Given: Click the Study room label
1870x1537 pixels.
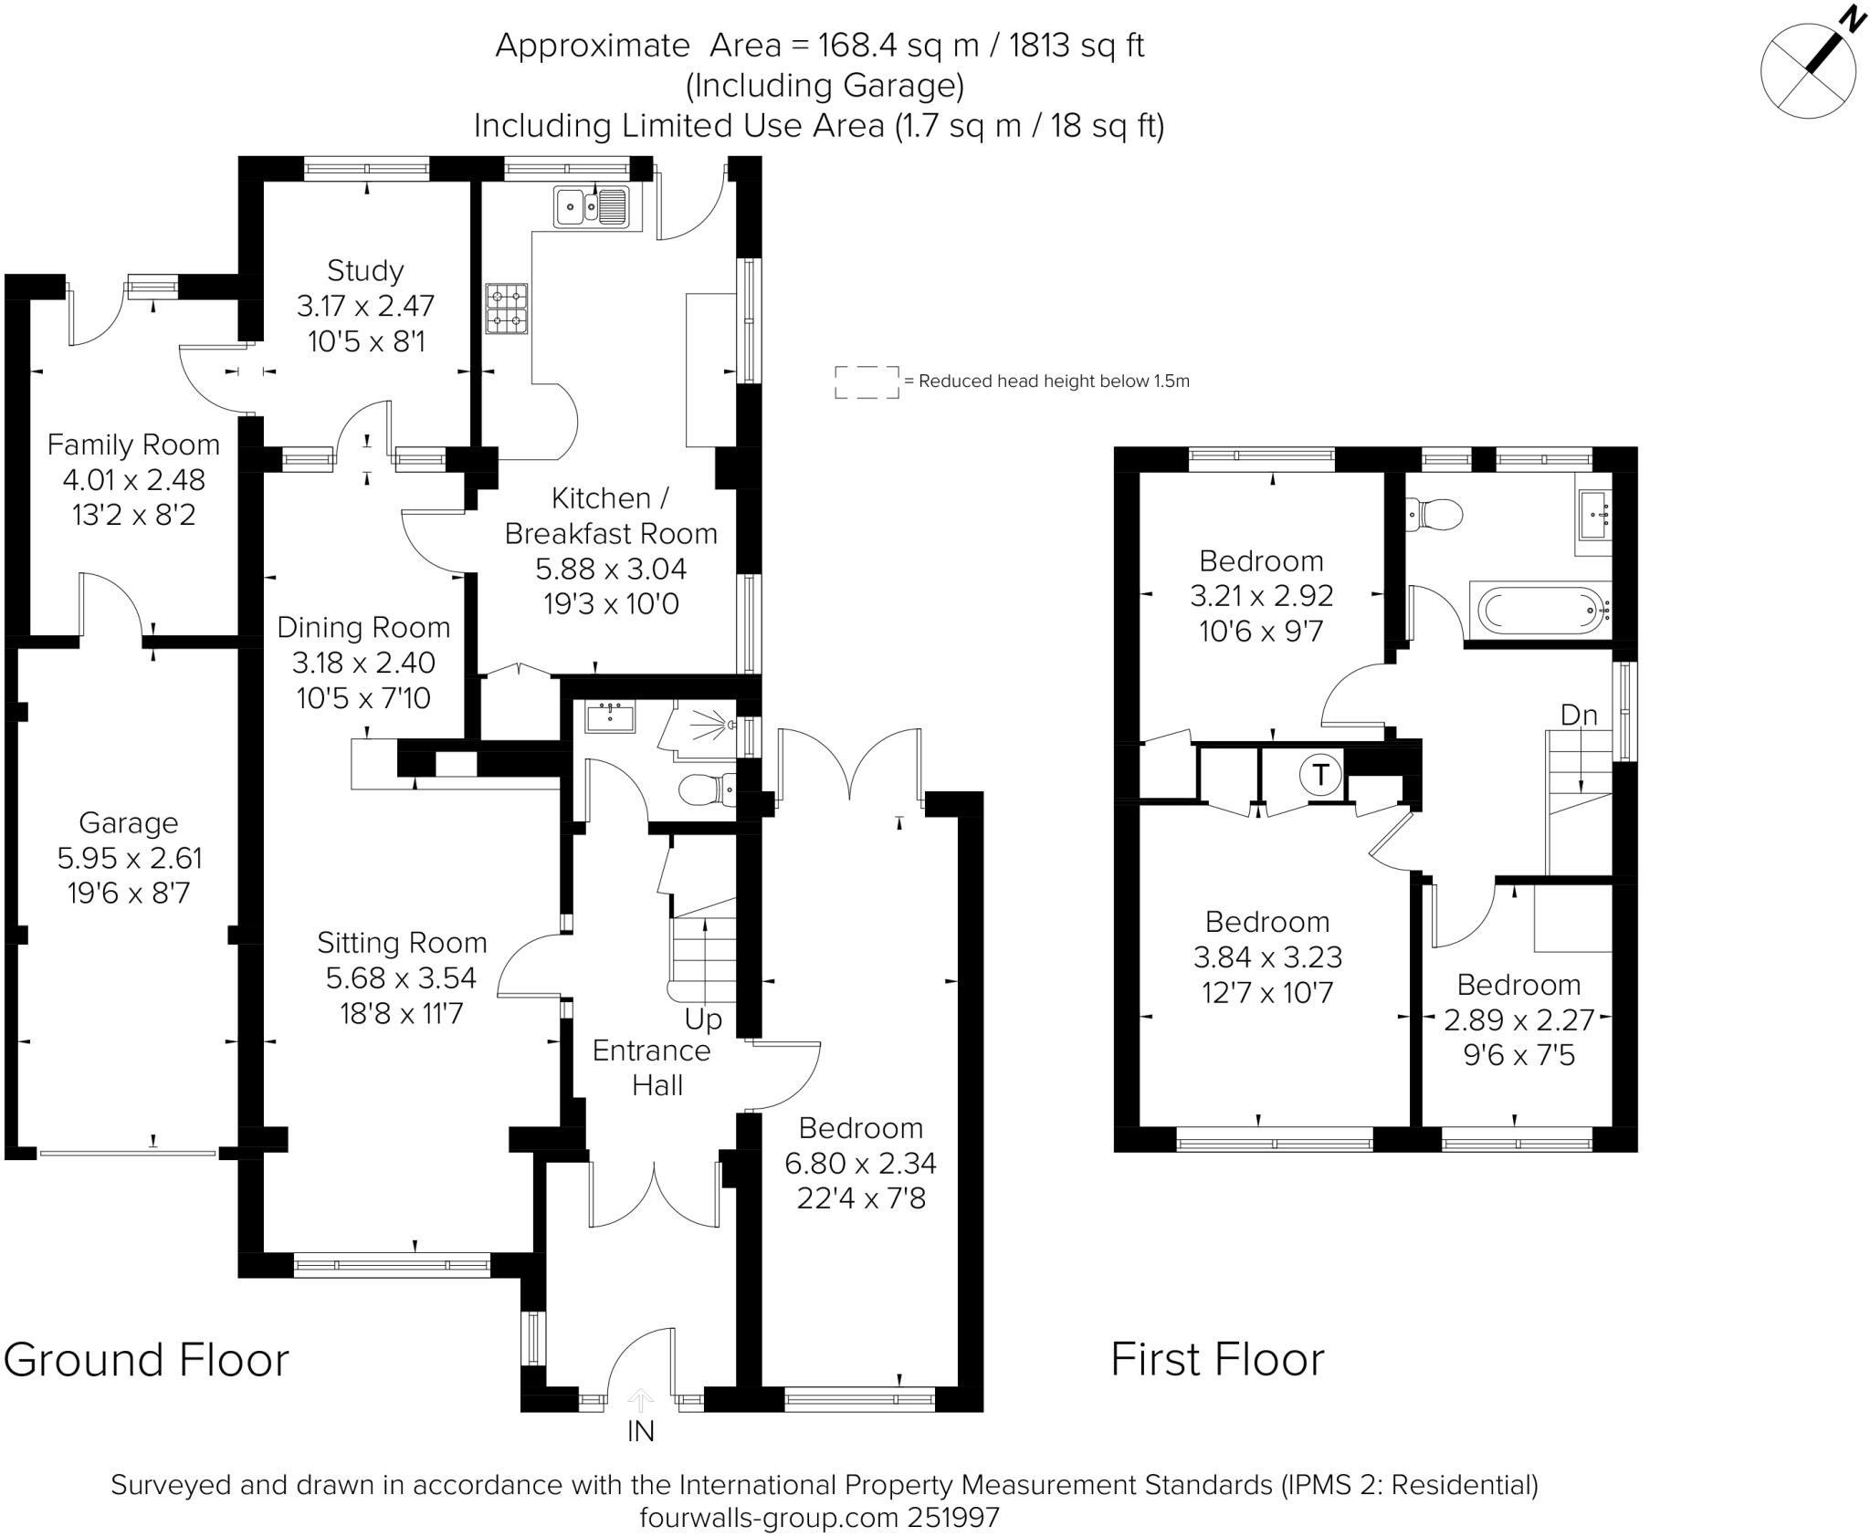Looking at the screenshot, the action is click(365, 270).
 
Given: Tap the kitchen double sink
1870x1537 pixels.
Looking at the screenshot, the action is click(591, 205).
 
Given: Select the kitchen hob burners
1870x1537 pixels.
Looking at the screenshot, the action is click(507, 308).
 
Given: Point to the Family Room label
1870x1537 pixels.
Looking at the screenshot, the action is click(133, 444).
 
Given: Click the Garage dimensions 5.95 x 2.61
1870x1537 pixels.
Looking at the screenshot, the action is click(129, 858).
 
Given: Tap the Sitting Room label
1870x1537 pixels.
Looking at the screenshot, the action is click(402, 943).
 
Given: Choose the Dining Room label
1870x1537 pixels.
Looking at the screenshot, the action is click(363, 628).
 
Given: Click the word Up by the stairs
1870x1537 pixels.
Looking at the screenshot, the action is click(704, 1019).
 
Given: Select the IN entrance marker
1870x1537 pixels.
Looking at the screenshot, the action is click(641, 1431).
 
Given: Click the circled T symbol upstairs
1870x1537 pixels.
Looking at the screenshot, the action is click(1320, 775).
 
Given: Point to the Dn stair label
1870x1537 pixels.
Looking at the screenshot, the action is click(1579, 715).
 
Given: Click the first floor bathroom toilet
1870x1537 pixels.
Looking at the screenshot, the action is click(1434, 515).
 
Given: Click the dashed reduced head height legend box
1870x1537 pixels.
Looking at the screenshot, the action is click(867, 382).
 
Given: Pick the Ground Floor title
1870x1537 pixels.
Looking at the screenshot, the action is click(146, 1360).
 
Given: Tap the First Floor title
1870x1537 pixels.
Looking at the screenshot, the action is click(1217, 1360).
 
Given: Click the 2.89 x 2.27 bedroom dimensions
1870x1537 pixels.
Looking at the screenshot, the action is click(1518, 1019).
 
